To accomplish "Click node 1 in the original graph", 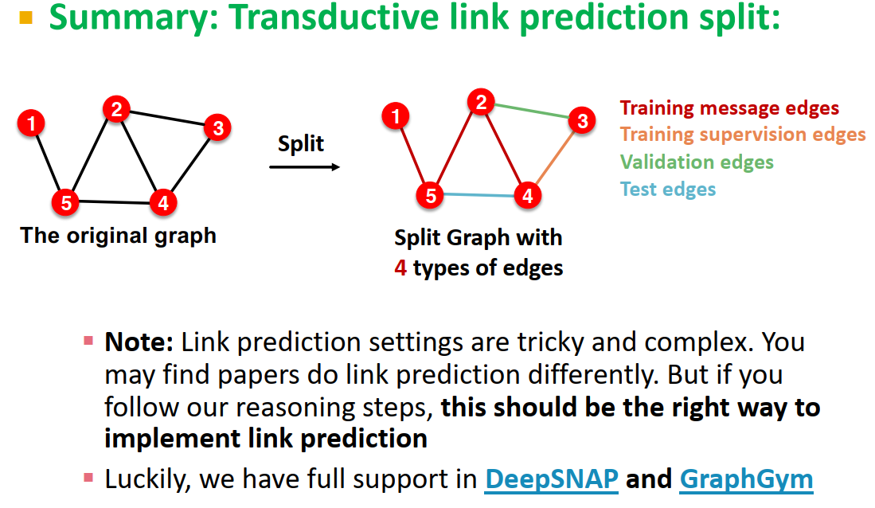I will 31,123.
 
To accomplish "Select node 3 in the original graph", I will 217,127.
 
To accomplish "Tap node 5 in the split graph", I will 431,195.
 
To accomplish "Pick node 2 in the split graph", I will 480,102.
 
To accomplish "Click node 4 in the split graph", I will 526,195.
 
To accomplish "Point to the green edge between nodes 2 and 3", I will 532,111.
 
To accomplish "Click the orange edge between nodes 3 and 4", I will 556,157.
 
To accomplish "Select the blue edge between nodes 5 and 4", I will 478,195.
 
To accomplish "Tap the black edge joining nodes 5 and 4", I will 114,202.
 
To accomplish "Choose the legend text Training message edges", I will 729,107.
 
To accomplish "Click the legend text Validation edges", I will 697,162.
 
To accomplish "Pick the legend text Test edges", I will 668,189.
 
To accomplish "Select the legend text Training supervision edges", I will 743,135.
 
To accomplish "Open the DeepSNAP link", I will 552,479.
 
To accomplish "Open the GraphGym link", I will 746,479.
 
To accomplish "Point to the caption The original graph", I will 119,236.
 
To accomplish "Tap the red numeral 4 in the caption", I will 400,268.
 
